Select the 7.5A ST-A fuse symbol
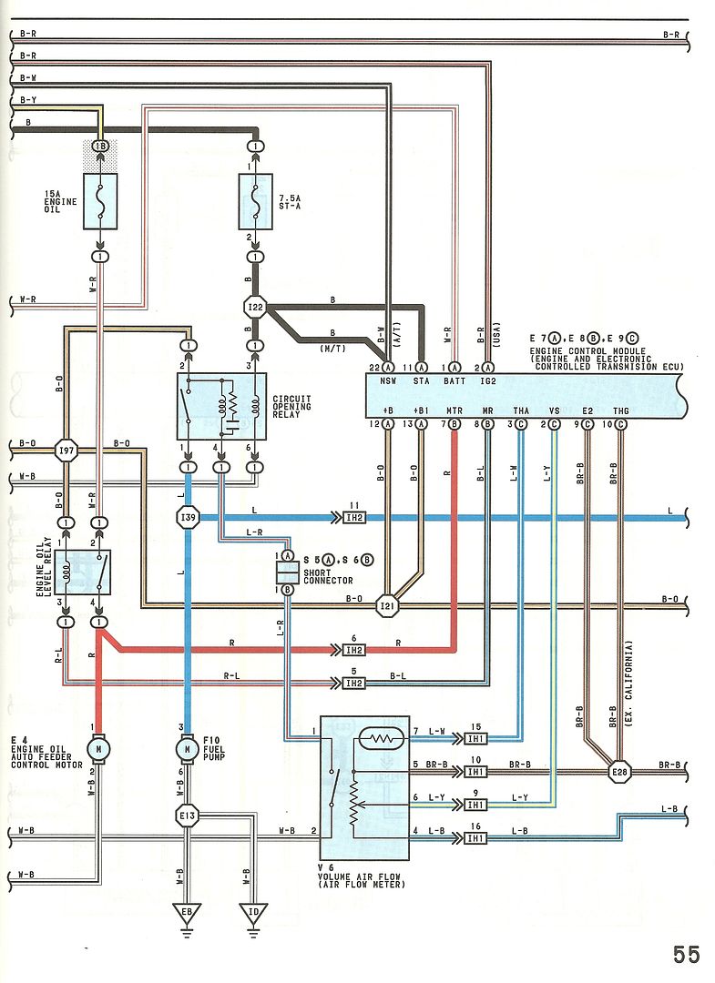pyautogui.click(x=256, y=201)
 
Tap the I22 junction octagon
pyautogui.click(x=256, y=308)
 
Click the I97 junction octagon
pyautogui.click(x=66, y=449)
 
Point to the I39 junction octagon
pyautogui.click(x=188, y=517)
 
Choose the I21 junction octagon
pyautogui.click(x=389, y=605)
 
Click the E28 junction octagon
pyautogui.click(x=620, y=772)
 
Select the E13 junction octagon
pyautogui.click(x=188, y=816)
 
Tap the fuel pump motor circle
pyautogui.click(x=188, y=748)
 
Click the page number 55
pyautogui.click(x=686, y=954)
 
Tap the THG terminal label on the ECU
pyautogui.click(x=621, y=410)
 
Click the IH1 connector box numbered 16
pyautogui.click(x=475, y=830)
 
